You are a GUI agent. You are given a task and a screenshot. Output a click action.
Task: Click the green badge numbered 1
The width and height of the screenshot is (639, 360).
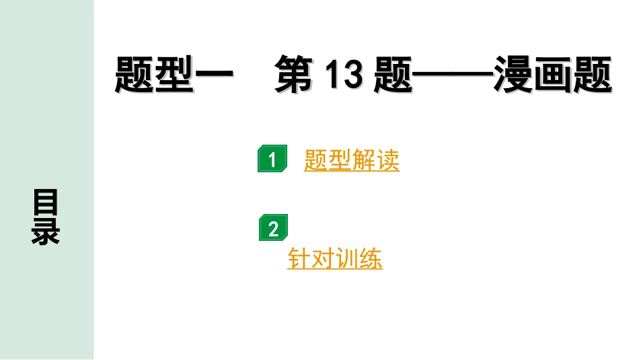pyautogui.click(x=272, y=159)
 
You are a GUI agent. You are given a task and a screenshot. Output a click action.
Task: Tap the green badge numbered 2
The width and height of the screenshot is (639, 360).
pyautogui.click(x=272, y=229)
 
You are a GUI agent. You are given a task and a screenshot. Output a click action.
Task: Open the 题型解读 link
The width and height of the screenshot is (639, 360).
pyautogui.click(x=351, y=160)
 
